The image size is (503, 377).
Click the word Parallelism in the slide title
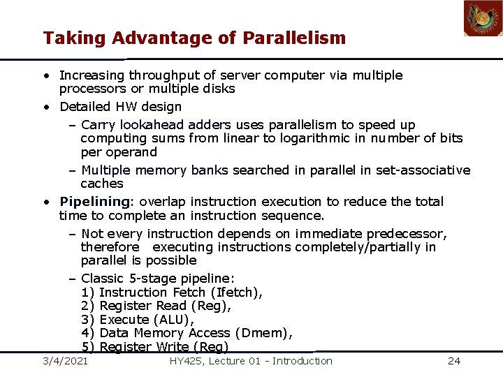tap(294, 38)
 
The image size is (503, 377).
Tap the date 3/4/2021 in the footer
tap(65, 361)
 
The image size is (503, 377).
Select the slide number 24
tap(454, 361)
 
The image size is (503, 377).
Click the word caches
tap(102, 184)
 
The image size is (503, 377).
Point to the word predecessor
tap(406, 234)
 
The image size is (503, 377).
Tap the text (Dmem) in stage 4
tap(263, 333)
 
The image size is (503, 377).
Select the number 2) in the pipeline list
tap(88, 306)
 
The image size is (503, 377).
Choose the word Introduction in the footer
tap(302, 361)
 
